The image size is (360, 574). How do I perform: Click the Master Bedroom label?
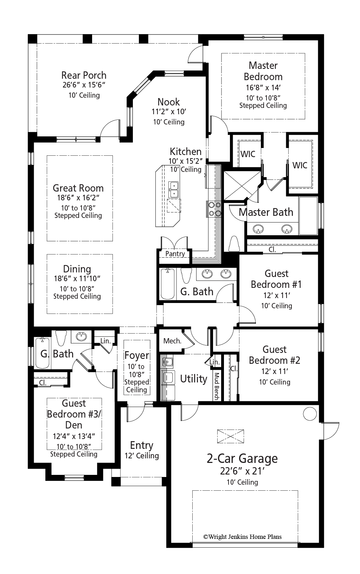263,71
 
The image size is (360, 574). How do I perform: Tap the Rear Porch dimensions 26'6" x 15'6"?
84,85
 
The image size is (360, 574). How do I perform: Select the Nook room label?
168,102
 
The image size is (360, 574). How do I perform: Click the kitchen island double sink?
173,189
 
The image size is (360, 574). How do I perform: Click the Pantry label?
175,254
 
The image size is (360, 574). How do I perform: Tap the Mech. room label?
172,341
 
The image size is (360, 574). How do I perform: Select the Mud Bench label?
217,386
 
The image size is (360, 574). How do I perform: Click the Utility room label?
193,379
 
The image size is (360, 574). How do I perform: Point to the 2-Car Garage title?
242,458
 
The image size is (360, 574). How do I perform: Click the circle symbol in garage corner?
310,414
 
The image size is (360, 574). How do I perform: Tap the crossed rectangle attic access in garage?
231,437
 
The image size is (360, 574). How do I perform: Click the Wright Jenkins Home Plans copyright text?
242,537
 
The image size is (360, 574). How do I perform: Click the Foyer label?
137,355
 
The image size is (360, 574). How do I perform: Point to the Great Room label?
78,188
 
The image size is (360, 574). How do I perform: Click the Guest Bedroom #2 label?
274,355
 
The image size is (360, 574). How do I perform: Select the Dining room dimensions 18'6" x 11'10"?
77,279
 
